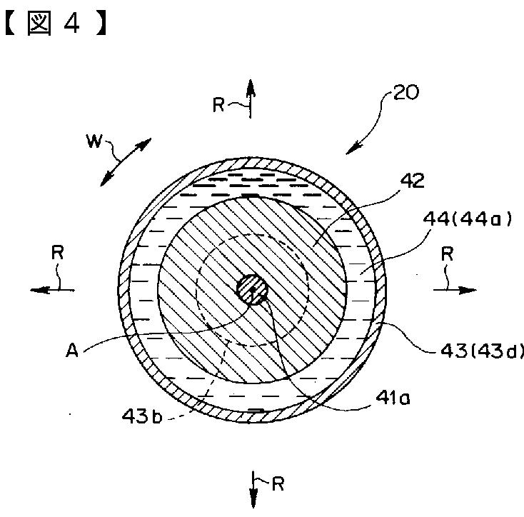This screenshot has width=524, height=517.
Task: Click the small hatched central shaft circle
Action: tap(252, 289)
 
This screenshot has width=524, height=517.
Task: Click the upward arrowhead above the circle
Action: tap(251, 86)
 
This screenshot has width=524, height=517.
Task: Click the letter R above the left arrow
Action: tap(58, 252)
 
